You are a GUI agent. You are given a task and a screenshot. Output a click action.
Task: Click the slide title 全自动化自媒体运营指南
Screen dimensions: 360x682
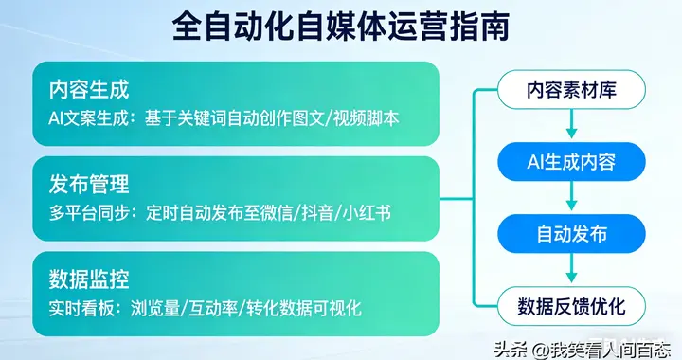(x=340, y=27)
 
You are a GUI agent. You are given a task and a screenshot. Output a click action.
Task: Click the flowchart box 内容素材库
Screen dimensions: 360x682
(x=572, y=91)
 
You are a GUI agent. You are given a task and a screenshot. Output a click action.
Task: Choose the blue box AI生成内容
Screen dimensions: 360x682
(x=572, y=162)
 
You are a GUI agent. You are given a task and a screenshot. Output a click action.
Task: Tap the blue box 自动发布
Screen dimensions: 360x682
(x=572, y=233)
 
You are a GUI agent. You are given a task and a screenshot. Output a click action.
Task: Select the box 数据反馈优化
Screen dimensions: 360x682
(x=572, y=305)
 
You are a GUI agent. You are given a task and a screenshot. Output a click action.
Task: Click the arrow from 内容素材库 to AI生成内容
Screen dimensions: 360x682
(x=572, y=126)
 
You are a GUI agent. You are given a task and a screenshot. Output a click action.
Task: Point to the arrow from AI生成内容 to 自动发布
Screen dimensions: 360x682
(x=572, y=198)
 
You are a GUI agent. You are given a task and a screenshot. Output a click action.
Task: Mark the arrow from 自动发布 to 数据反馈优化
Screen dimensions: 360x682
(x=572, y=270)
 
